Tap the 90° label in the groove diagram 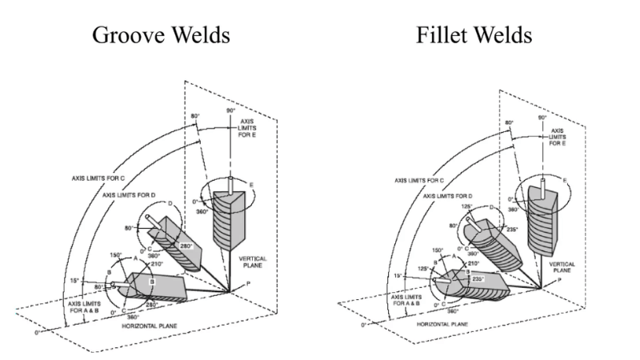[232, 110]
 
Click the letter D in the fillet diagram [490, 207]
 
